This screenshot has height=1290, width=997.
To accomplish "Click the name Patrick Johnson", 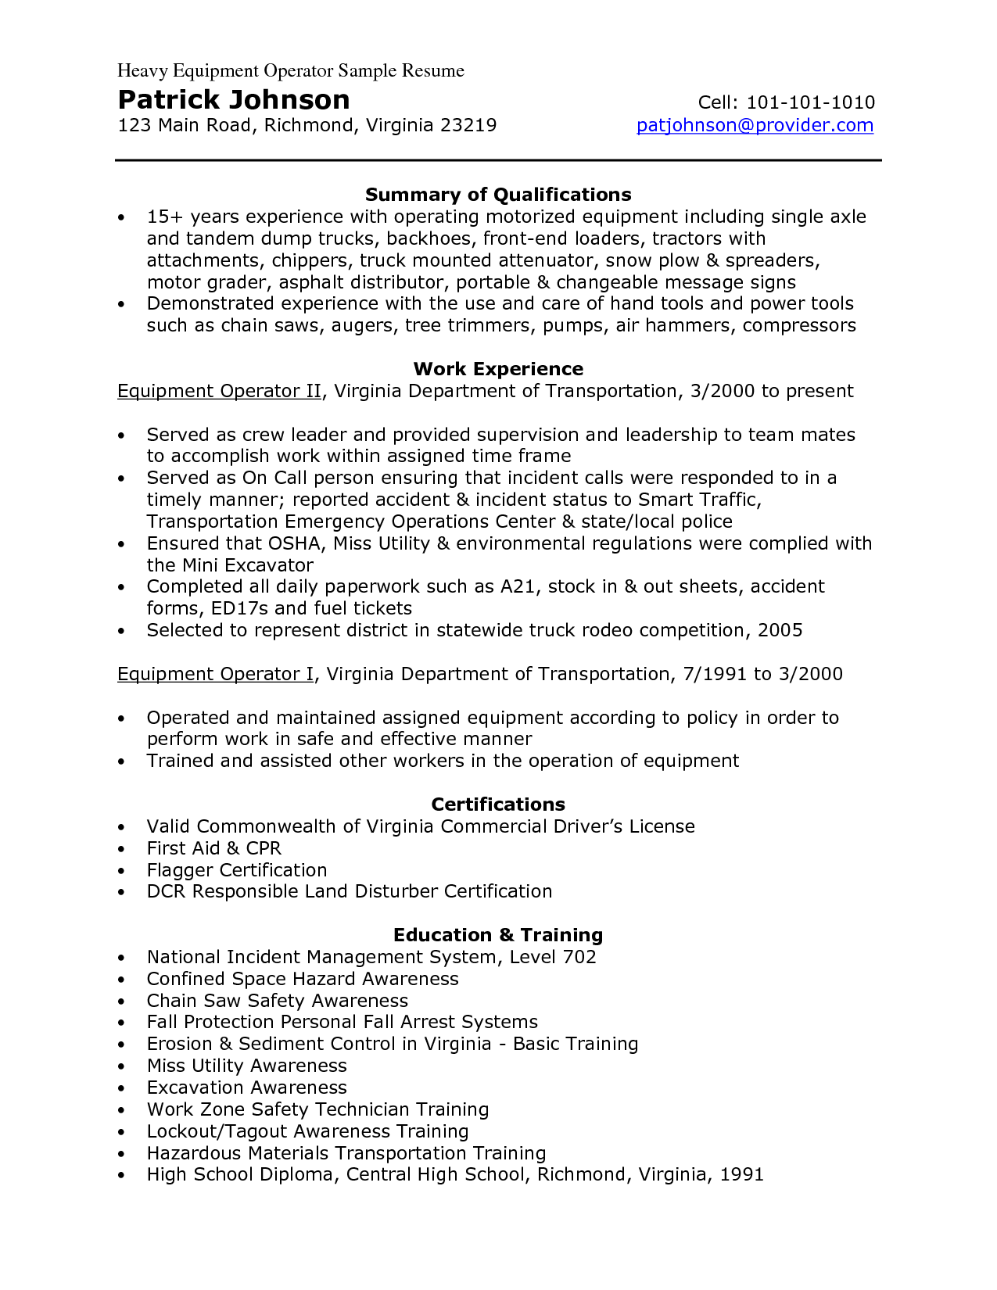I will [234, 100].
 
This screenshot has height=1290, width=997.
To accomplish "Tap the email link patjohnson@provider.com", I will [755, 125].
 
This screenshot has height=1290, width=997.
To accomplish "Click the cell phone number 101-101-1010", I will [810, 102].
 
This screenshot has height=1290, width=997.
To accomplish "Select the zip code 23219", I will [468, 125].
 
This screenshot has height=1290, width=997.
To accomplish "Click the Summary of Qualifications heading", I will [498, 195].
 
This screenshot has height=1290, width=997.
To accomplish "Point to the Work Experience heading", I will [498, 369].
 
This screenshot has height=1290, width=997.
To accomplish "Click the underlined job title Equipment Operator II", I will [219, 391].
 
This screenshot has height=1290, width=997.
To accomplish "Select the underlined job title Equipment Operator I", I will [215, 674].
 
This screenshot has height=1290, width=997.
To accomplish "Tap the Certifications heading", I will [498, 804].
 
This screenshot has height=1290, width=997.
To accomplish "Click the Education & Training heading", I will [498, 935].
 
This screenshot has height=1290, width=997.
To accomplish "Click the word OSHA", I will [296, 543].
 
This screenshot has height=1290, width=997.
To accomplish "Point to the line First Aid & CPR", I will [213, 848].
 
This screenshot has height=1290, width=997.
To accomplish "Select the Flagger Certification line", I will [237, 870].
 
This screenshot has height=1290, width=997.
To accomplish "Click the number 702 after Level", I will [579, 957].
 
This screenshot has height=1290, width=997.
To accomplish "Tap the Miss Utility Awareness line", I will [246, 1066].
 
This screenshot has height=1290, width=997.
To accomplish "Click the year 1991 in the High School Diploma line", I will [741, 1174].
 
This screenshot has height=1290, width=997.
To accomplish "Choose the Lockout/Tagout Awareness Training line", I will [307, 1131].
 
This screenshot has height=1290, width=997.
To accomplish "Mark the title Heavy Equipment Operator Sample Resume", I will [291, 71].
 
